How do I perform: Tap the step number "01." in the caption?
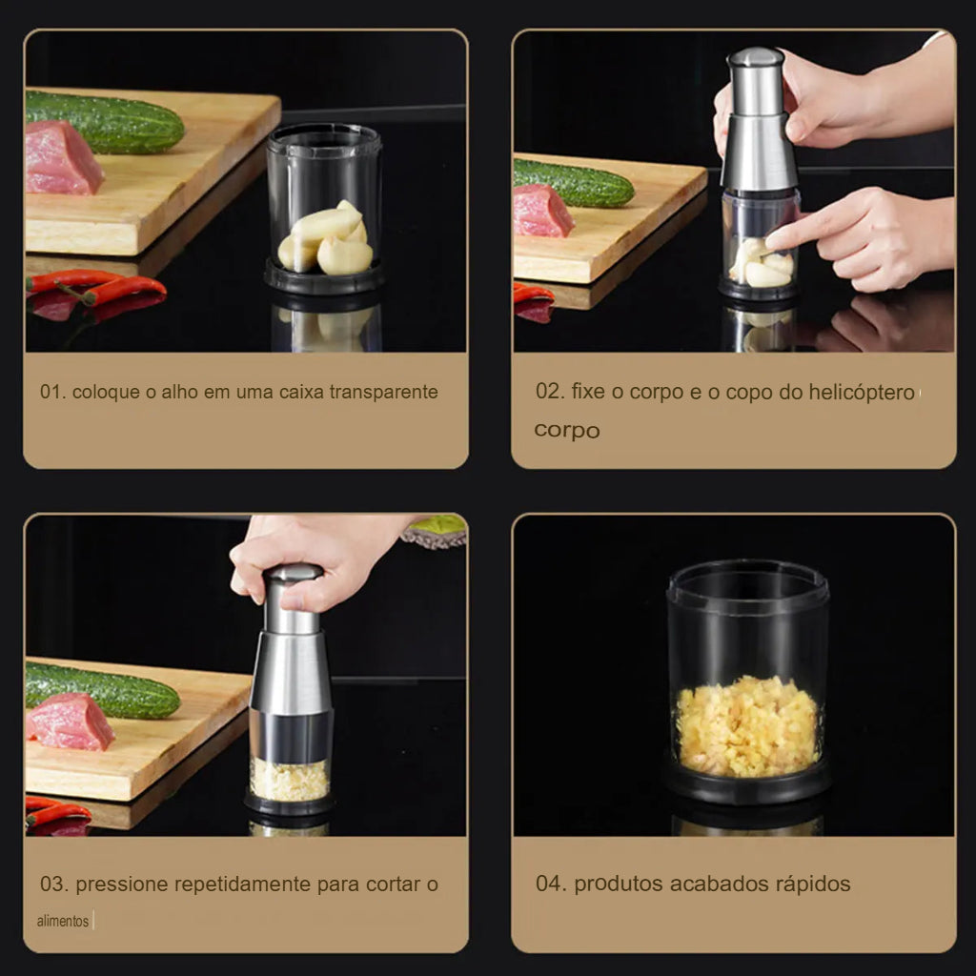pyautogui.click(x=52, y=392)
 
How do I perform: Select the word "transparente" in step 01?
pyautogui.click(x=383, y=392)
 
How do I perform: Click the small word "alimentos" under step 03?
pyautogui.click(x=63, y=922)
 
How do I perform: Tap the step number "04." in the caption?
pyautogui.click(x=551, y=884)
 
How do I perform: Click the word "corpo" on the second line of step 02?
pyautogui.click(x=567, y=430)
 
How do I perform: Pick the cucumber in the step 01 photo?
pyautogui.click(x=105, y=122)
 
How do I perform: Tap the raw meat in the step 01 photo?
pyautogui.click(x=61, y=158)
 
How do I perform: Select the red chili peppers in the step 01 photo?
pyautogui.click(x=95, y=288)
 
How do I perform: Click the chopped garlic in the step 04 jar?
pyautogui.click(x=747, y=726)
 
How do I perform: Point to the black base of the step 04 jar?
pyautogui.click(x=747, y=783)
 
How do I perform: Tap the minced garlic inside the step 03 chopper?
pyautogui.click(x=290, y=780)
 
